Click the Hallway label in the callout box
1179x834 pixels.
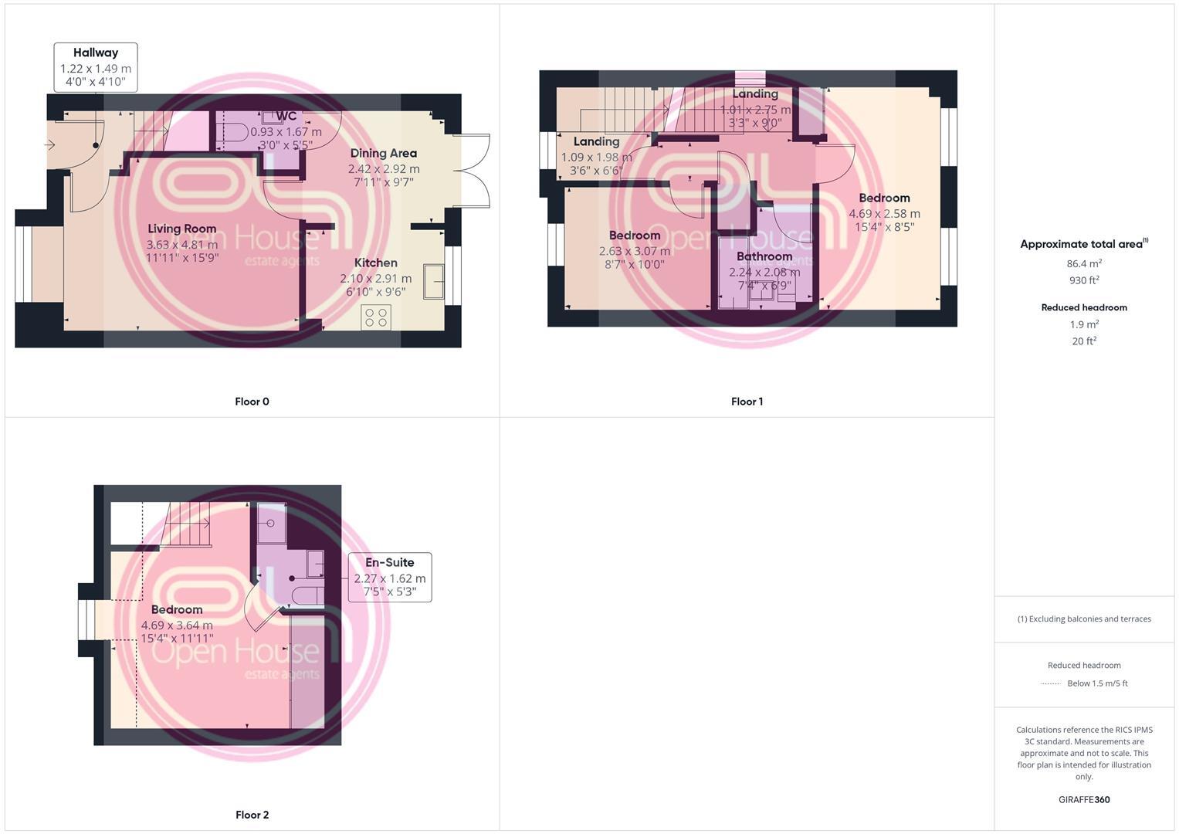(96, 53)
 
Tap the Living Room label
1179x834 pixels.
(181, 229)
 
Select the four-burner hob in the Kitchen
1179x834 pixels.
(376, 317)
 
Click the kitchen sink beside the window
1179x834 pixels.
(433, 280)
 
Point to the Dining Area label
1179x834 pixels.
(383, 153)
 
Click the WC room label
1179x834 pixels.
(286, 117)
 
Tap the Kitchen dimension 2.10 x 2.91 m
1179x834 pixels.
(376, 278)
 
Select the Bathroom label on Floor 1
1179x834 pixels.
(764, 256)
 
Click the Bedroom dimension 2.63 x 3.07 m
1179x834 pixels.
(635, 251)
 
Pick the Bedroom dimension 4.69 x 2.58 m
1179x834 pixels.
(884, 214)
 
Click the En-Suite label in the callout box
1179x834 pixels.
(390, 562)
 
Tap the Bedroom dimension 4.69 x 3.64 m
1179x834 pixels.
(177, 625)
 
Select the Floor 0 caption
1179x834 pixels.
(252, 402)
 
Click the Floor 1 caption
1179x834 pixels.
(747, 402)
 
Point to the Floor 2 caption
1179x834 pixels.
(252, 815)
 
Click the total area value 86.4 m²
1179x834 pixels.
(1084, 263)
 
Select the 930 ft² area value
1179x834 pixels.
(1084, 280)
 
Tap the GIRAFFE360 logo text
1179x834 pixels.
(1084, 800)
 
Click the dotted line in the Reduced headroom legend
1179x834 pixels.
(1050, 683)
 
